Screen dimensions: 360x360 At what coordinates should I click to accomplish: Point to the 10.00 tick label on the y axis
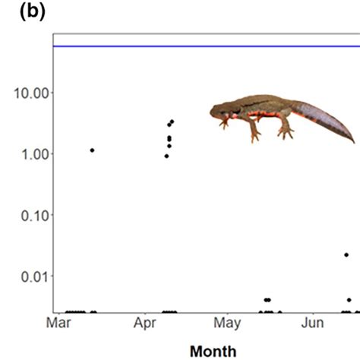click(28, 93)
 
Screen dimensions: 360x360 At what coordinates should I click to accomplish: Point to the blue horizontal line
click(205, 46)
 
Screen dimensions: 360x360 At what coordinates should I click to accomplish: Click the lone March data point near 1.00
click(92, 150)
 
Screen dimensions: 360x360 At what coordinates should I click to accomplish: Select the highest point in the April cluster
click(172, 122)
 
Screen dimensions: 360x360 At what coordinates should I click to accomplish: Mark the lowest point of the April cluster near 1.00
click(166, 156)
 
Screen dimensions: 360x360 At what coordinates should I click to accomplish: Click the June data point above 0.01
click(346, 255)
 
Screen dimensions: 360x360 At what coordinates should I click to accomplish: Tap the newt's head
click(219, 112)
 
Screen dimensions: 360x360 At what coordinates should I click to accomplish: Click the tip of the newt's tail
click(353, 142)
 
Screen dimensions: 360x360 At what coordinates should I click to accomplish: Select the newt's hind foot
click(286, 135)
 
